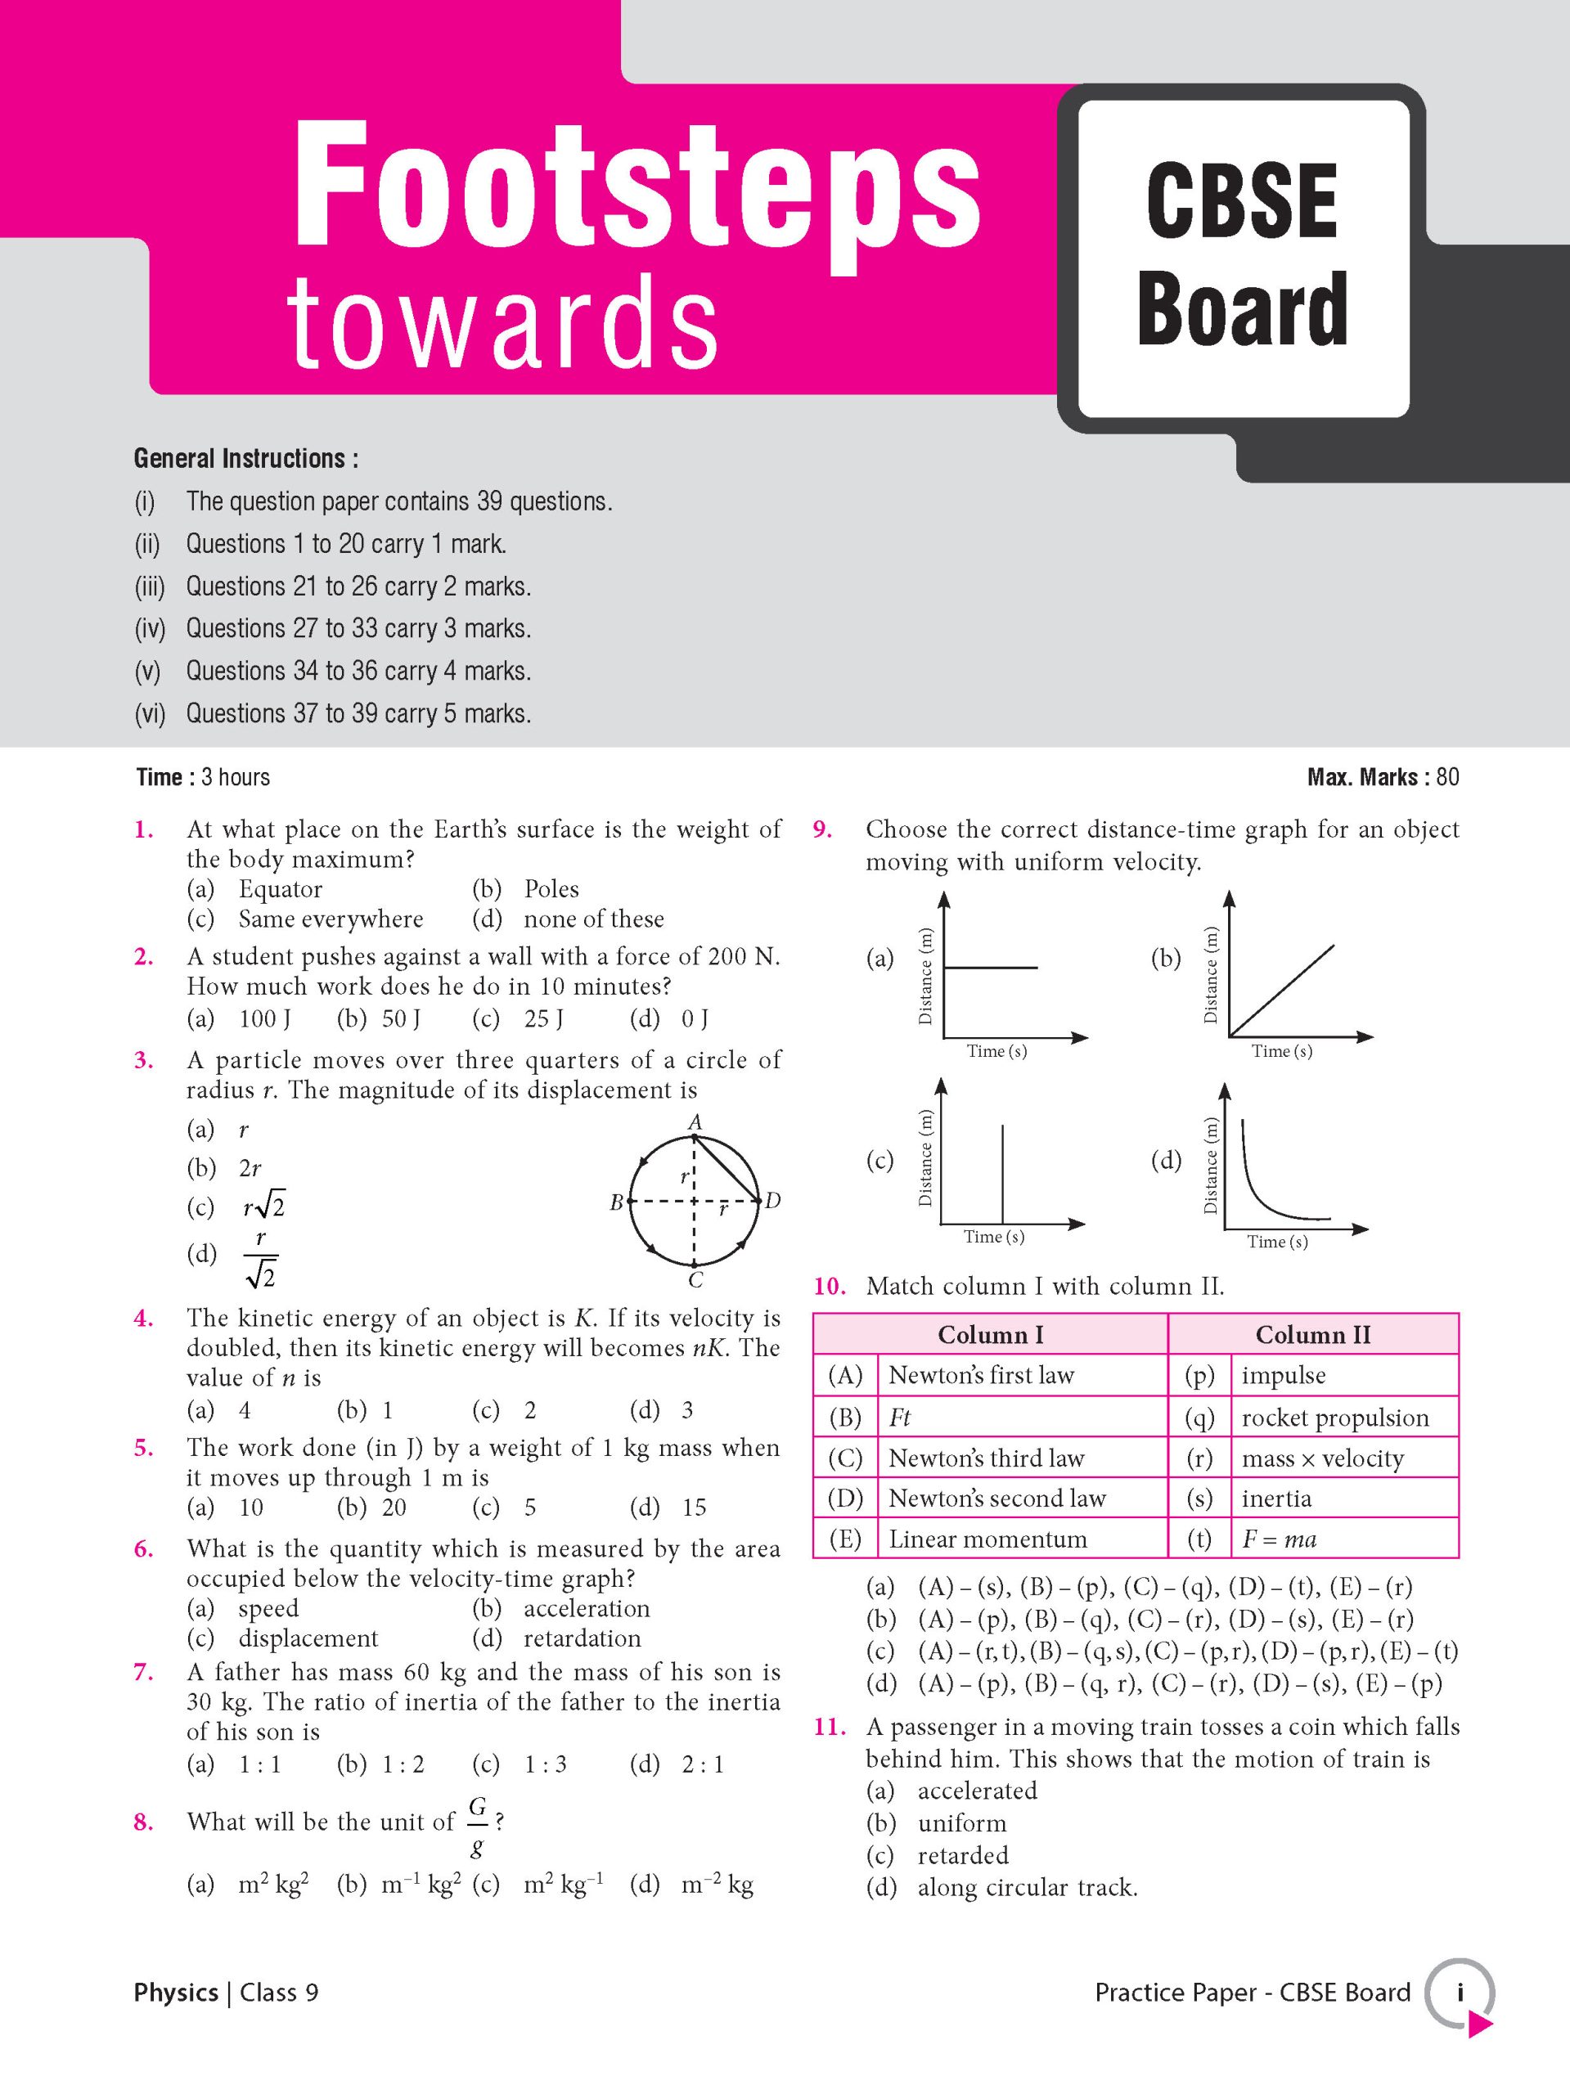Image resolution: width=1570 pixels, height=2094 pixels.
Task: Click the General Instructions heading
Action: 245,459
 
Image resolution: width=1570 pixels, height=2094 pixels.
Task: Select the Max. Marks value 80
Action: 1447,777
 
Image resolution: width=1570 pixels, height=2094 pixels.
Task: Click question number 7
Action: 144,1673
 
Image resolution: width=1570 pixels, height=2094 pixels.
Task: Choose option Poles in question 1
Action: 551,889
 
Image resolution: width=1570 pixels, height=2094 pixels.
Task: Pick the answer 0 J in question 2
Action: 694,1018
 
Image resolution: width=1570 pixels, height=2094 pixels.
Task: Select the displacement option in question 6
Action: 308,1638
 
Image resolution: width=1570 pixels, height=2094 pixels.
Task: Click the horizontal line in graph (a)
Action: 992,968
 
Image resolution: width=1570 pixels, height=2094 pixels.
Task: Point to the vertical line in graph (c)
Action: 1003,1174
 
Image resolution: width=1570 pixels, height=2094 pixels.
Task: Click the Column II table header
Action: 1312,1335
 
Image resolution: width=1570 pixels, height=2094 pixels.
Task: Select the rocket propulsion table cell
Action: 1335,1418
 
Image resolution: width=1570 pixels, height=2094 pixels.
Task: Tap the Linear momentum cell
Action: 987,1540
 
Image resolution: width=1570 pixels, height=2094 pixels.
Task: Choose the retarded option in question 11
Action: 963,1855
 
